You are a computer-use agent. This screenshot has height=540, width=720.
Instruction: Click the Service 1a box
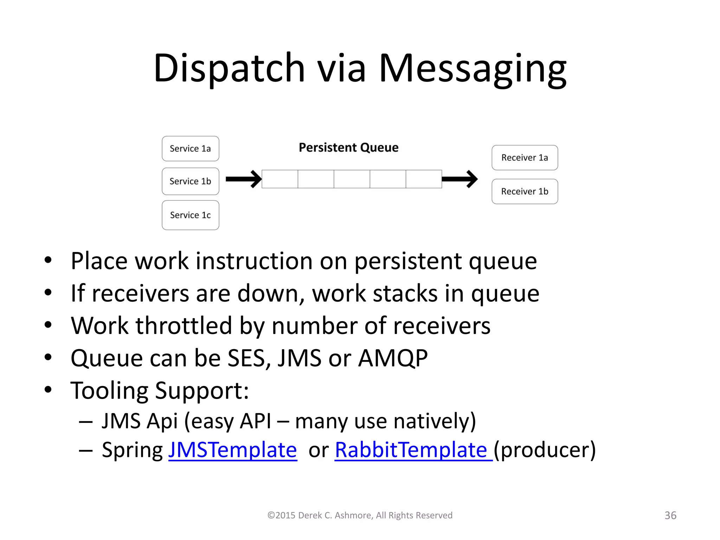tap(190, 149)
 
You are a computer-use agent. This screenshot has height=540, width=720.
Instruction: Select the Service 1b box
tap(190, 181)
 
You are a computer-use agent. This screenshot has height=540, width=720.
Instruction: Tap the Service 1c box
tap(190, 215)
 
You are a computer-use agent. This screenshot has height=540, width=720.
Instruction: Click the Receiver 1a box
tap(525, 158)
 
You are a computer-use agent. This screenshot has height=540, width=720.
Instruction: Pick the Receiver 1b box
tap(525, 192)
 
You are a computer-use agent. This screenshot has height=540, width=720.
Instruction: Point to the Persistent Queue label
tap(348, 148)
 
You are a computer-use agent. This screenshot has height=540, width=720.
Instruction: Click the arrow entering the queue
tap(244, 179)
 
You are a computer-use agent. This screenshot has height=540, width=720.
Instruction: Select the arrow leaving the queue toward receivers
tap(459, 179)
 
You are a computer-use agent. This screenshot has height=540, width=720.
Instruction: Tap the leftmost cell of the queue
tap(280, 179)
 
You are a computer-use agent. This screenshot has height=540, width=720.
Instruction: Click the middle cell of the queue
tap(352, 179)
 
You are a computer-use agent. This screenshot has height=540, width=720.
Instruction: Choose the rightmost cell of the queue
tap(424, 179)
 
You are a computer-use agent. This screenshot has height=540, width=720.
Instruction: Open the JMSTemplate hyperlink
tap(232, 450)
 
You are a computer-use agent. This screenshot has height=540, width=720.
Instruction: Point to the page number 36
tap(670, 515)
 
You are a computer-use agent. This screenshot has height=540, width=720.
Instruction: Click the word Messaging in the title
tap(472, 69)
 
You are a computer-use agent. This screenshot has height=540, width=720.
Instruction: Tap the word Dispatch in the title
tap(229, 69)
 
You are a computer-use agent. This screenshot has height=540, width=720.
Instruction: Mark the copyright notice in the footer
tap(360, 515)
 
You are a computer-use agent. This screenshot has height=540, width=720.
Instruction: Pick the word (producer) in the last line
tap(545, 450)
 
